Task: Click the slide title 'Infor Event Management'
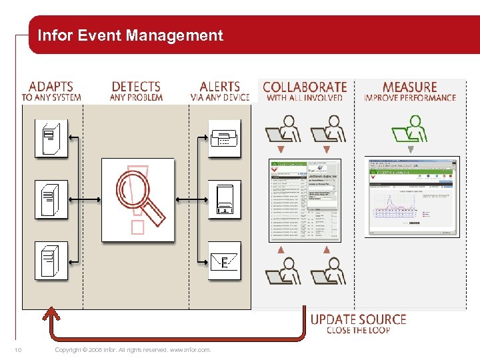[x=130, y=35]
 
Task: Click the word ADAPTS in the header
[x=51, y=87]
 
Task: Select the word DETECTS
[x=136, y=87]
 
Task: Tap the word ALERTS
[x=219, y=87]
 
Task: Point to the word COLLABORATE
[x=305, y=87]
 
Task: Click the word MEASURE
[x=409, y=87]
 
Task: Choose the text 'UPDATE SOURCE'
[x=358, y=319]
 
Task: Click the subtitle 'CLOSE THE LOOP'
[x=358, y=331]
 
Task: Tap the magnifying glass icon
[x=138, y=199]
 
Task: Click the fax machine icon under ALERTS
[x=224, y=138]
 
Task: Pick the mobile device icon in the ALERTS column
[x=224, y=199]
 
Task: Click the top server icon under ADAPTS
[x=51, y=138]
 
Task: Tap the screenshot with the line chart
[x=412, y=197]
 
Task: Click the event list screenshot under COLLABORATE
[x=304, y=199]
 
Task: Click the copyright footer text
[x=133, y=350]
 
